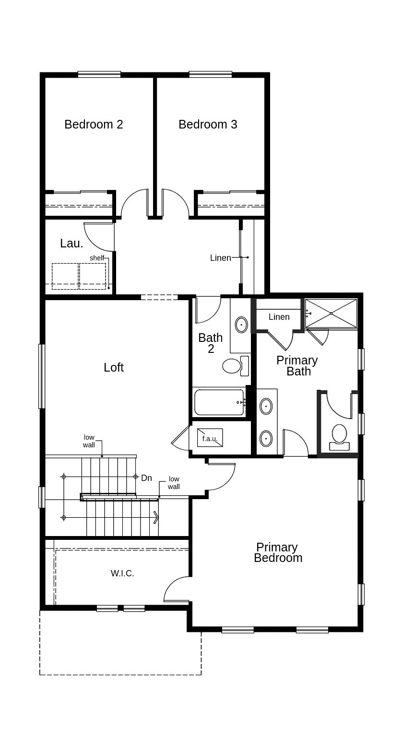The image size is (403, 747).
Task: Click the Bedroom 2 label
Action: pos(94,124)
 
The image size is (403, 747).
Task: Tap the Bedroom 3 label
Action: pos(208,124)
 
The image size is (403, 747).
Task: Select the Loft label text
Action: pos(114,367)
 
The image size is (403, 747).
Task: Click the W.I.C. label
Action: pos(122,573)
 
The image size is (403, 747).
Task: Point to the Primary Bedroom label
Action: pos(277,552)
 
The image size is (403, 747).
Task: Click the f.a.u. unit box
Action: pos(210,438)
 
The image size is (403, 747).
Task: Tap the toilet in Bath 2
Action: pos(232,366)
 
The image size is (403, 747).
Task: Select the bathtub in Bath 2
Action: pos(219,402)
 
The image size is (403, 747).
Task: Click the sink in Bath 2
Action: pos(241,325)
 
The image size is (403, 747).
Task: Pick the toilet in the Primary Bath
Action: pos(339,434)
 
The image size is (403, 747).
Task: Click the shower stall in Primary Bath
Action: pos(331,314)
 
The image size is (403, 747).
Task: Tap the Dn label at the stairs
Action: pos(146,478)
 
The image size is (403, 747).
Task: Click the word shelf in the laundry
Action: pos(96,258)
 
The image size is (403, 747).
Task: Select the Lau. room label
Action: pos(71,243)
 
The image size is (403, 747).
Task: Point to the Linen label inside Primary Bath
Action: pos(279,317)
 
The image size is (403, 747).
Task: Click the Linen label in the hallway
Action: pos(220,258)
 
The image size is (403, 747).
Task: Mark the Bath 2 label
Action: pos(210,343)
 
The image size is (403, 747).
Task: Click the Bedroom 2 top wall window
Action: pos(99,74)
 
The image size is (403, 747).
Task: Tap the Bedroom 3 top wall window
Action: pos(210,74)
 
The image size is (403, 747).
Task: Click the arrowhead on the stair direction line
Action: pos(156,517)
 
